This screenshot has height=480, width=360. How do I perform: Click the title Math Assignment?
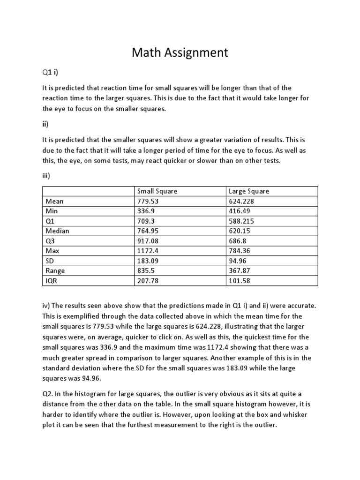[180, 52]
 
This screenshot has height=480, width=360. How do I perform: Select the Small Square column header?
[157, 191]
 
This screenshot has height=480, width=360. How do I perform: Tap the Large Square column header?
[249, 191]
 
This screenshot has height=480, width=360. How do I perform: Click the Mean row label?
[54, 201]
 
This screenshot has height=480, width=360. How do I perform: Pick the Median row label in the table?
[57, 231]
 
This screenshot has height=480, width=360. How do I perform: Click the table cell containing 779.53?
[148, 201]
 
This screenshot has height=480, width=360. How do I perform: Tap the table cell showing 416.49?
[240, 211]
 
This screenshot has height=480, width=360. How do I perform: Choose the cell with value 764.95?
[148, 231]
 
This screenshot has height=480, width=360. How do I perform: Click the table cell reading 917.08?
[148, 241]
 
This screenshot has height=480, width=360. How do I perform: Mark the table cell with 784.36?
[240, 251]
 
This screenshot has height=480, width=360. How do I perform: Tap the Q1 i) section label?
[50, 72]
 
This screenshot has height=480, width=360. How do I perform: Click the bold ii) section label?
[45, 124]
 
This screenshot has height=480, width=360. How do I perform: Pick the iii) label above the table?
[46, 176]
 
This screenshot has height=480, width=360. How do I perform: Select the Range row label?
[55, 270]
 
